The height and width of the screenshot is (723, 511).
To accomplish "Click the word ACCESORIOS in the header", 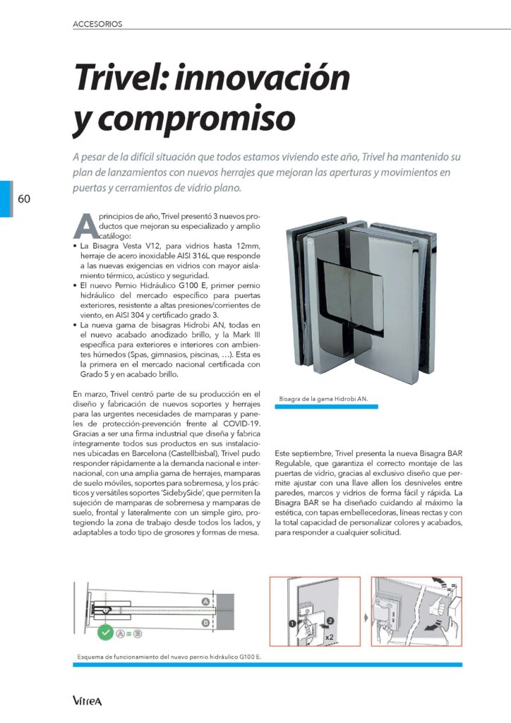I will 97,23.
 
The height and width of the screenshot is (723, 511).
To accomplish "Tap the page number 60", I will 24,198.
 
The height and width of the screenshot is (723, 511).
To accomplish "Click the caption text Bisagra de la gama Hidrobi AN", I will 324,399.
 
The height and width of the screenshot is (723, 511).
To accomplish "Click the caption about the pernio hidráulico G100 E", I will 169,657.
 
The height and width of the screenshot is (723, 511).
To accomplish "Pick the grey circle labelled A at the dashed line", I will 205,601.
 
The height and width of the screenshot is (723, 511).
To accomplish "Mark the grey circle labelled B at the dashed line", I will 205,622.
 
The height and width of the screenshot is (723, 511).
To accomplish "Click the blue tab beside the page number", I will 6,198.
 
